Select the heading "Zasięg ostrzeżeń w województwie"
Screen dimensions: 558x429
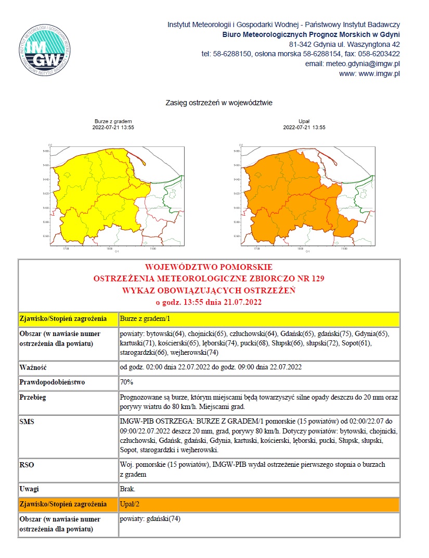(219, 103)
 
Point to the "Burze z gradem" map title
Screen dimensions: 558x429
(113, 121)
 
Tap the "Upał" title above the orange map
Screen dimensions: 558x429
(304, 121)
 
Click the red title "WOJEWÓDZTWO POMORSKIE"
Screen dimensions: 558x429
(209, 267)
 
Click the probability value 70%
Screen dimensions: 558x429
(126, 382)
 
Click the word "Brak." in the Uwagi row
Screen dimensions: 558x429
(127, 489)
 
